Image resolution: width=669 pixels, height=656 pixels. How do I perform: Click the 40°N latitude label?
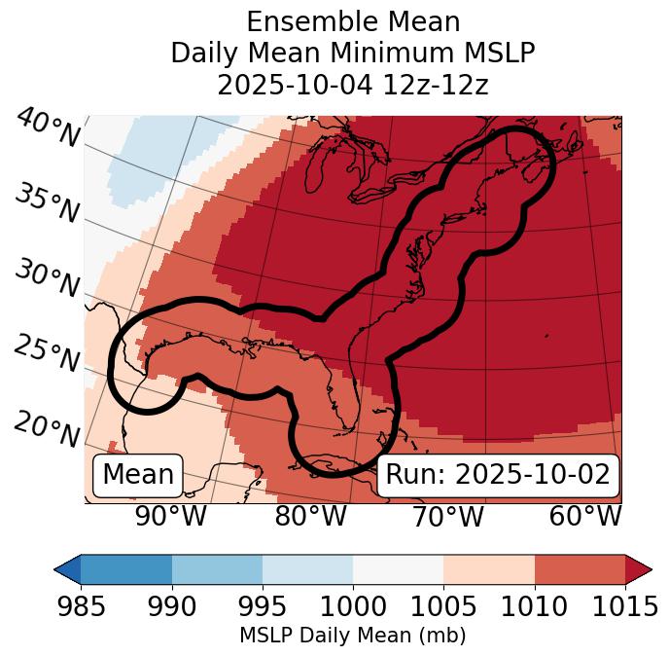point(47,129)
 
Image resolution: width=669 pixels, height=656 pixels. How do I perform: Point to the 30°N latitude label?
point(47,279)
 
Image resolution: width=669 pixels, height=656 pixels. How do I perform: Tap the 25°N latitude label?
point(47,354)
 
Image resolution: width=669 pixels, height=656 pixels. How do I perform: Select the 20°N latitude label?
point(47,428)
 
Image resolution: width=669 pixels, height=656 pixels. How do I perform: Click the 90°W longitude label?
point(170,517)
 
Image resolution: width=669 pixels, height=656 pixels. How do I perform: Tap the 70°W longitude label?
point(448,517)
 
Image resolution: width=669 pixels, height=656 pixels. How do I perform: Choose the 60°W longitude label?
point(585,517)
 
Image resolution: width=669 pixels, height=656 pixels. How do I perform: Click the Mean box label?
point(138,475)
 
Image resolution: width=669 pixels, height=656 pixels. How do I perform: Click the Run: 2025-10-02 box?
point(498,475)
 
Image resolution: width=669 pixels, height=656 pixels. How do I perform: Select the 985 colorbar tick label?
point(81,606)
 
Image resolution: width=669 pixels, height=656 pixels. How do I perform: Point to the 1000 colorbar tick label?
point(353,606)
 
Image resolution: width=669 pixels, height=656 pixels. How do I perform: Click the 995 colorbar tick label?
point(263,606)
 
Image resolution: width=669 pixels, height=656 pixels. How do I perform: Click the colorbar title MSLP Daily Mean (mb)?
point(352,636)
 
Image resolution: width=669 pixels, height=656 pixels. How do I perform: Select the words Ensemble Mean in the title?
point(352,21)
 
